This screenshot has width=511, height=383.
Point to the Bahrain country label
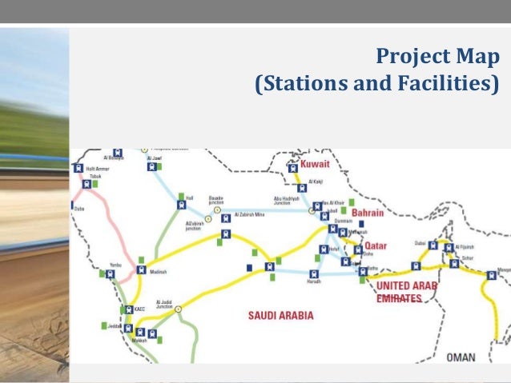[x=368, y=213]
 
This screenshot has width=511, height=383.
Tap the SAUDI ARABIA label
[x=280, y=315]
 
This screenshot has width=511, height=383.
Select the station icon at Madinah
[x=142, y=269]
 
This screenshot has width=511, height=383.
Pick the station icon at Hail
[x=180, y=205]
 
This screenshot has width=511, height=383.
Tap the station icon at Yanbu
[x=111, y=273]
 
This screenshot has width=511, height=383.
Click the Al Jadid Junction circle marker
[x=179, y=308]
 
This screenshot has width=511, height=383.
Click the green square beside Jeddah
[x=104, y=325]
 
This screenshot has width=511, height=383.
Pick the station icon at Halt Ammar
[x=78, y=168]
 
